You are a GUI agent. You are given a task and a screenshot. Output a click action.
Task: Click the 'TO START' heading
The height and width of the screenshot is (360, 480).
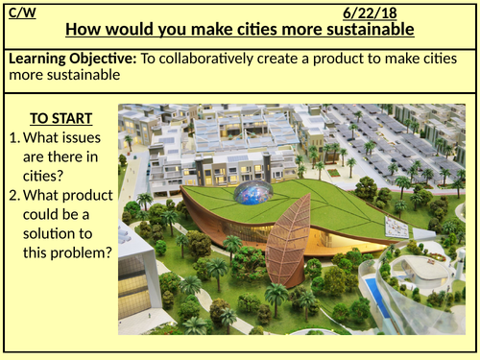60,119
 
